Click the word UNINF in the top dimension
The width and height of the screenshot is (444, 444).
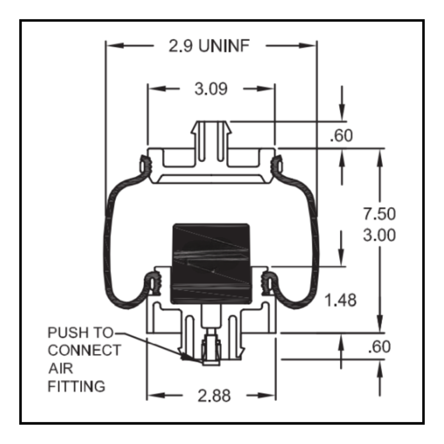224,46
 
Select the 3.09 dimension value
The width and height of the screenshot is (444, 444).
211,89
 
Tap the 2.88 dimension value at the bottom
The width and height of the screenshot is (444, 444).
214,396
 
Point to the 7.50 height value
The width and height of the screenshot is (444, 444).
379,214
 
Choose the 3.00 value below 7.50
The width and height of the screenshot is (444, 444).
379,236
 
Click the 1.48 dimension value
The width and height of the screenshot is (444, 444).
340,301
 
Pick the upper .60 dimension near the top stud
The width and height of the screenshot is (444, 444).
341,136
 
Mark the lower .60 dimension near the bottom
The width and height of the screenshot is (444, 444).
379,347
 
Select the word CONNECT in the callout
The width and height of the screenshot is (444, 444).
84,351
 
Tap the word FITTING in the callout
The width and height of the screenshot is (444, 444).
76,387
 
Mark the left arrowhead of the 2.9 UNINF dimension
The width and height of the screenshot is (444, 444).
112,46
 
